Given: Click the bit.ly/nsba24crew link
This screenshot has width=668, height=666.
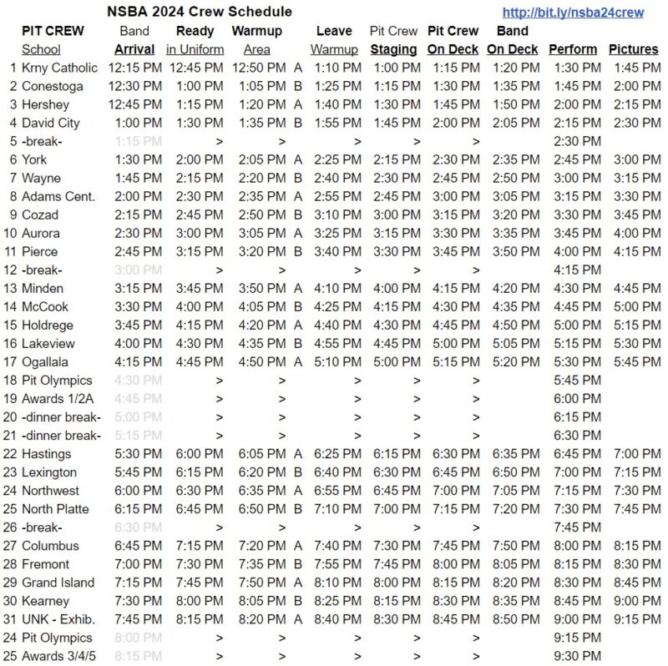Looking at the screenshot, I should (x=572, y=13).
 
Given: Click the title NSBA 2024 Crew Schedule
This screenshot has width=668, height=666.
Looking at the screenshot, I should (x=200, y=12).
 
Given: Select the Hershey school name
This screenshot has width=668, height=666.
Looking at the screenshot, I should (x=45, y=104).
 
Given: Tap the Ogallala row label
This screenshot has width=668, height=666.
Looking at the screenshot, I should (x=45, y=361).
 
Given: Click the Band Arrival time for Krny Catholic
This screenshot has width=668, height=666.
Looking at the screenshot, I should (x=134, y=68).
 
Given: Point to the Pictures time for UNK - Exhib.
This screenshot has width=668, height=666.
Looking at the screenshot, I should (x=633, y=619).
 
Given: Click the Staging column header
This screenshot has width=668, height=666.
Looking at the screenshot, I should (x=393, y=49).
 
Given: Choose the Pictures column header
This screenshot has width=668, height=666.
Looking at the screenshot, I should (x=633, y=49).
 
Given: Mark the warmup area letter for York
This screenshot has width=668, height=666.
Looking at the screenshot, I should (x=297, y=159).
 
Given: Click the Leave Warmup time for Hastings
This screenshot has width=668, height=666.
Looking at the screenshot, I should (x=337, y=454).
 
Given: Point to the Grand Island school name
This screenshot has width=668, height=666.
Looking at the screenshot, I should (x=57, y=583).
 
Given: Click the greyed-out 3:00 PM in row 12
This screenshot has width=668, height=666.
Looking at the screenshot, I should (x=134, y=270).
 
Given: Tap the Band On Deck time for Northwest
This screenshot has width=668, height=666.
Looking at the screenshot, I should (x=513, y=491).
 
